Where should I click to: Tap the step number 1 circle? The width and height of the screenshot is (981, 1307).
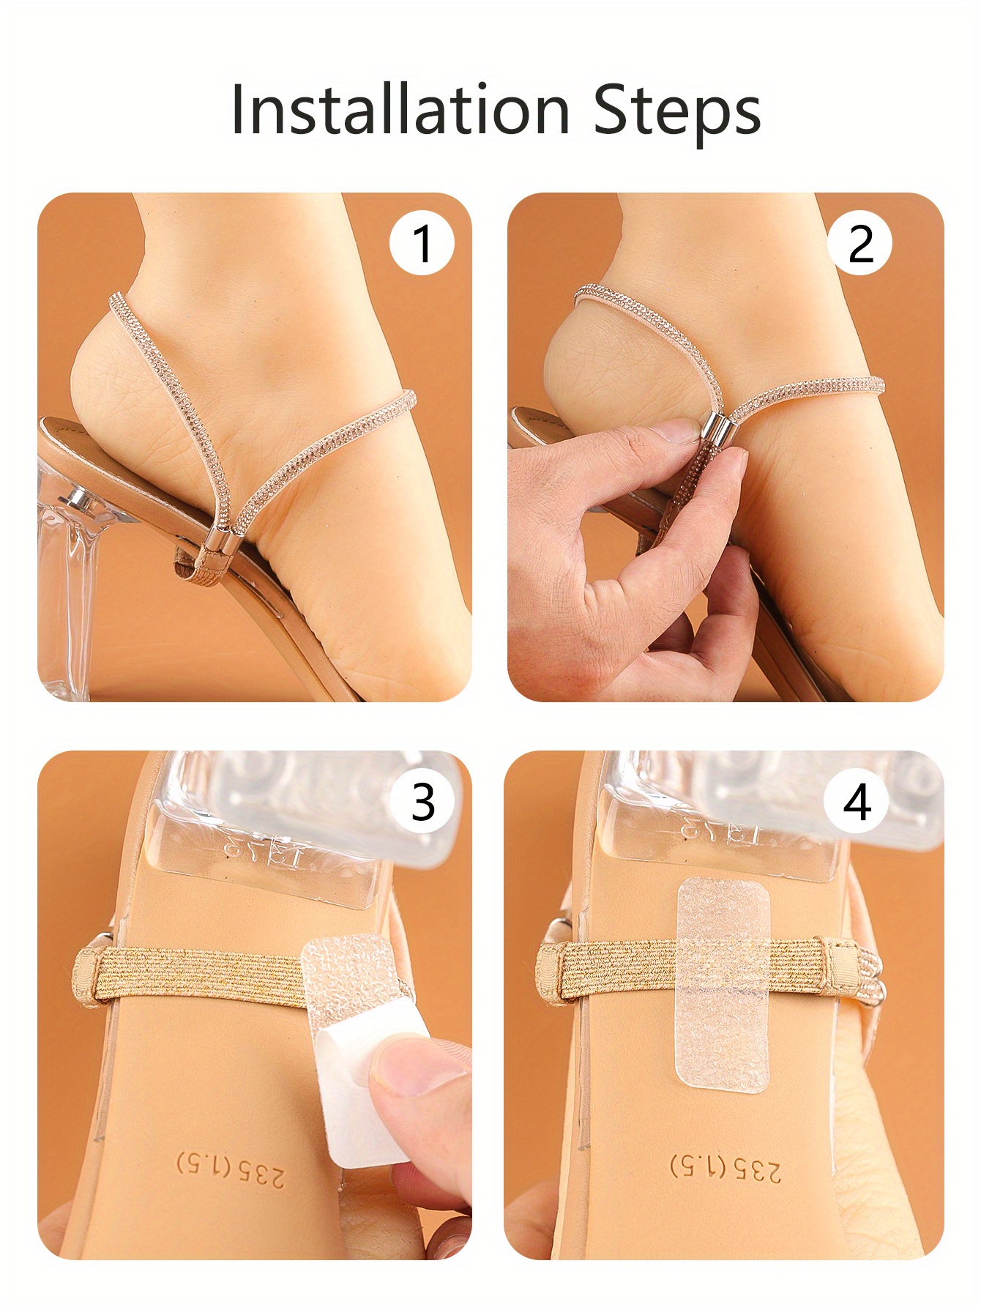point(422,242)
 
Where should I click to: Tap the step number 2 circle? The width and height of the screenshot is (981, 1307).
point(860,242)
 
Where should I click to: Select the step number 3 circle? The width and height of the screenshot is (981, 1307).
point(422,801)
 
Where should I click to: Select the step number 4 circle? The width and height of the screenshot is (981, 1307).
point(857,801)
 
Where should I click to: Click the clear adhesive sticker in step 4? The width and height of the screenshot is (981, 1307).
point(723,985)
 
